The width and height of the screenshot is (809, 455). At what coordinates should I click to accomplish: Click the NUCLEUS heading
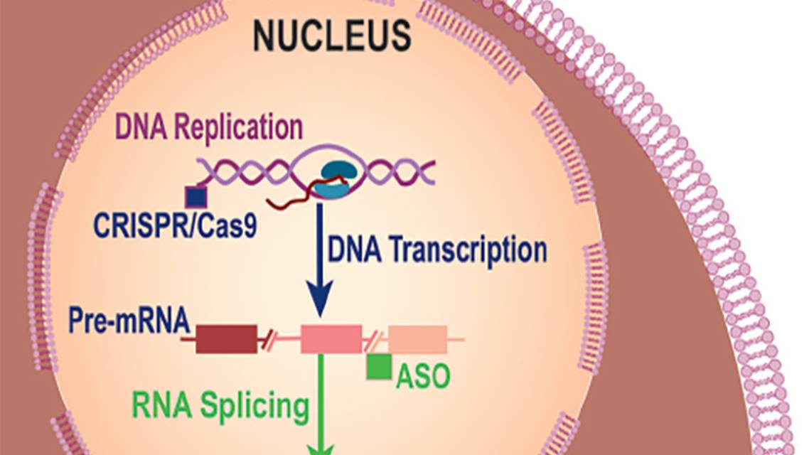coord(332,36)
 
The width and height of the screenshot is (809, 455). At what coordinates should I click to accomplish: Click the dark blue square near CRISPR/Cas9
coord(195,196)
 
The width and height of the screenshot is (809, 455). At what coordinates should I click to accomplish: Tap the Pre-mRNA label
coord(129,321)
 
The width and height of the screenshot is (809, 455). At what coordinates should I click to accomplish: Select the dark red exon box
coord(226,339)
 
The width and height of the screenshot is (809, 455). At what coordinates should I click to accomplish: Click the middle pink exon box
coord(331,339)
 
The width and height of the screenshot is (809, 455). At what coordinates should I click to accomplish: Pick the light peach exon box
coord(417,339)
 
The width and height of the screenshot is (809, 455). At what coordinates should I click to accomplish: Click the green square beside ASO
coord(378,366)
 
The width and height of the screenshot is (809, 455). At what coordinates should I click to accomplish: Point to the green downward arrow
coord(321,405)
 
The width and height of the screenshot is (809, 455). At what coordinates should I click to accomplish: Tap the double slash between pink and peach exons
coord(373,340)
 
